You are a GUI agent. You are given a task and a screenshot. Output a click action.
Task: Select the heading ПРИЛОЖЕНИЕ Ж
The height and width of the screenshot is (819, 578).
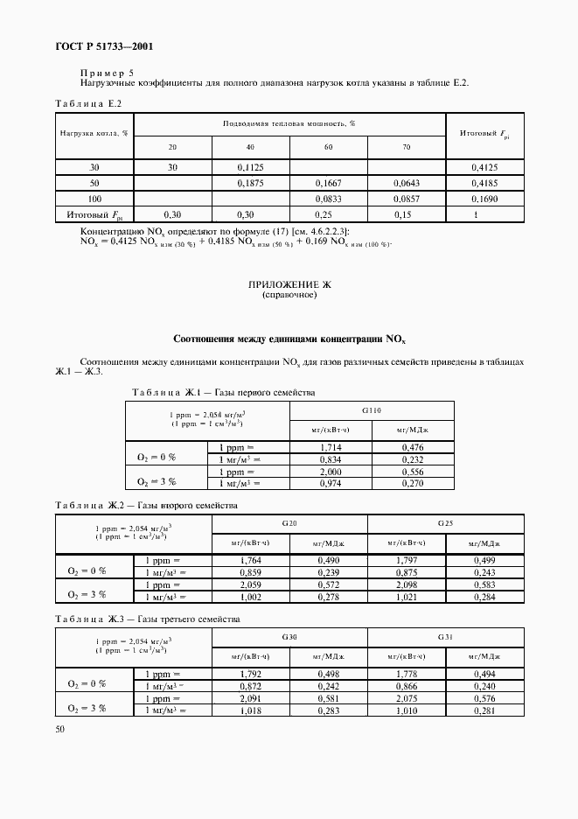(289, 285)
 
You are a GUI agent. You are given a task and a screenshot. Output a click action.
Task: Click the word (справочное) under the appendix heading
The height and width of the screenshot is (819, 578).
(289, 296)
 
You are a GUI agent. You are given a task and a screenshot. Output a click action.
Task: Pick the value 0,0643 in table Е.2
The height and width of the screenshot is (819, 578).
(407, 183)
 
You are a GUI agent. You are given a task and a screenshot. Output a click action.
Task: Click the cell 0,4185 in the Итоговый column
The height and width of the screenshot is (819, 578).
(484, 183)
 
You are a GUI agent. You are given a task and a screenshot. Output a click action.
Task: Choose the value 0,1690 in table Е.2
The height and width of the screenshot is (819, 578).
(484, 199)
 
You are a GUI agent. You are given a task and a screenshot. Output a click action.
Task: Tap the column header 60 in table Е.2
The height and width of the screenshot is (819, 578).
(328, 147)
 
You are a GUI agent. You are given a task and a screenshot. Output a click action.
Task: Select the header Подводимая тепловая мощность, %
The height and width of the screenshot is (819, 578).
(289, 124)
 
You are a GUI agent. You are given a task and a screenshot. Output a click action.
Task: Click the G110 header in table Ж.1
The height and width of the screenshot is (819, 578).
(371, 409)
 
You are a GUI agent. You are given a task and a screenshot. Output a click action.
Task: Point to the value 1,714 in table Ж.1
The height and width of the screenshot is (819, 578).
(331, 446)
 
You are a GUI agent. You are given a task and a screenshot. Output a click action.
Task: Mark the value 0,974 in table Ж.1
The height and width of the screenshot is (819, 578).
(331, 482)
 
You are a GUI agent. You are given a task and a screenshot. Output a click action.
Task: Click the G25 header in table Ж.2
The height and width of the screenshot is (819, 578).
(445, 523)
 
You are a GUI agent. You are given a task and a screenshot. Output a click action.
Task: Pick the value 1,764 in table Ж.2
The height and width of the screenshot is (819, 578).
(250, 560)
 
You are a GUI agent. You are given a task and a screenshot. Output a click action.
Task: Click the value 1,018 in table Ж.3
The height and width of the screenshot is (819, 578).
(250, 710)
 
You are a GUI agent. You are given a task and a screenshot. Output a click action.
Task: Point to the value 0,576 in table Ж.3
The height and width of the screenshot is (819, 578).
(484, 698)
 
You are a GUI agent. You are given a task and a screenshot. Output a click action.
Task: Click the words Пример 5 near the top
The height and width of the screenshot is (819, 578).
(107, 73)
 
